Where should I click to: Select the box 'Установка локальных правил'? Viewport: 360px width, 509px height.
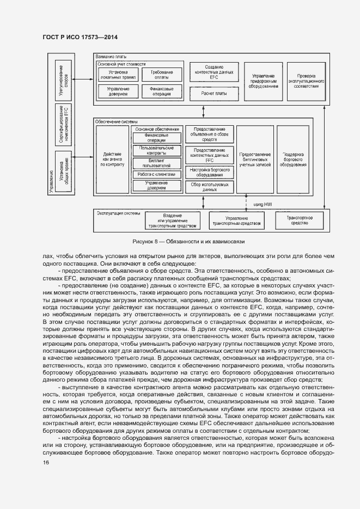[118, 75]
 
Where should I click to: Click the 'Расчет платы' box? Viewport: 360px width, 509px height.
[213, 93]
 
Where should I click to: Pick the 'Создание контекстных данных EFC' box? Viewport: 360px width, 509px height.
[213, 72]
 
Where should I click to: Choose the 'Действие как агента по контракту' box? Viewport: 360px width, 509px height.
[113, 159]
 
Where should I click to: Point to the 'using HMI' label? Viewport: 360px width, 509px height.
[262, 204]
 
